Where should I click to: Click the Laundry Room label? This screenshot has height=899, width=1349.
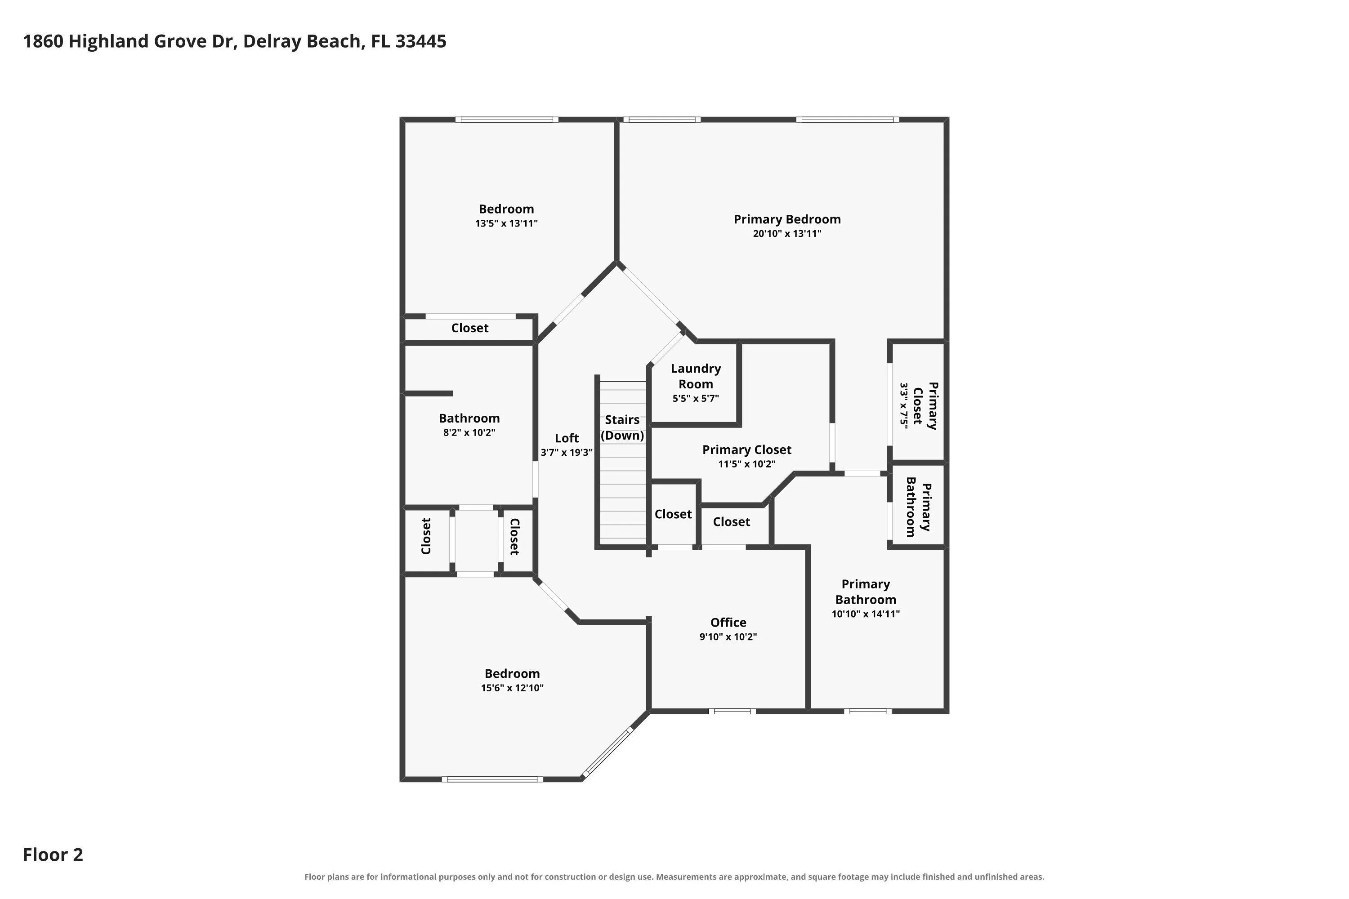click(x=696, y=376)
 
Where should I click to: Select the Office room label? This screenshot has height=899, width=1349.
click(x=728, y=623)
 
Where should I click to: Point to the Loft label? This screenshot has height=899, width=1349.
click(x=567, y=438)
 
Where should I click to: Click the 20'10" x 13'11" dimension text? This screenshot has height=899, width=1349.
click(x=787, y=233)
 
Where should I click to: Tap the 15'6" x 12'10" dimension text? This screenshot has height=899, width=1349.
click(x=512, y=688)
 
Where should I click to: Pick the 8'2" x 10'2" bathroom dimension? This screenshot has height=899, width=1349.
click(x=469, y=432)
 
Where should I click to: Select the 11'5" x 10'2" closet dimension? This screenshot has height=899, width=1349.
click(x=747, y=464)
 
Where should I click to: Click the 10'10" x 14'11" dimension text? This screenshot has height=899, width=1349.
click(x=866, y=614)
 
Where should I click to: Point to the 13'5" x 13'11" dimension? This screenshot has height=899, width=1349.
click(x=506, y=223)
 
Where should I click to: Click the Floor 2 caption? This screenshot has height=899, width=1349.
click(x=53, y=855)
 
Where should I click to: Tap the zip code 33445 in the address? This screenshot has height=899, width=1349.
click(x=420, y=41)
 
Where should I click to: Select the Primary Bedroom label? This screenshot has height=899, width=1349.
click(x=787, y=219)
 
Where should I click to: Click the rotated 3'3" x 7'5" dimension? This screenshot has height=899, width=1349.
click(x=904, y=405)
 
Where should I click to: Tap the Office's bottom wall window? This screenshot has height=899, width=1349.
click(x=732, y=712)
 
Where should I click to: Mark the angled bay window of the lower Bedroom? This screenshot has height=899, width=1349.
click(x=607, y=754)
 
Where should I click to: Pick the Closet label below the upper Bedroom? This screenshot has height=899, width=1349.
click(x=470, y=328)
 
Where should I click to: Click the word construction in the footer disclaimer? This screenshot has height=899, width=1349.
click(x=570, y=877)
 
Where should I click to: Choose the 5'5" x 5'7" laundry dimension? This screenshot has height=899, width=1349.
click(x=696, y=398)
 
